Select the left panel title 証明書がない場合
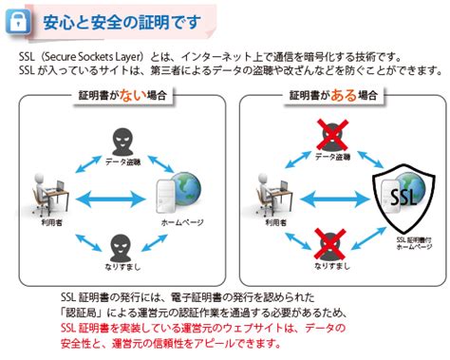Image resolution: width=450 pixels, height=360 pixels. [x=116, y=96]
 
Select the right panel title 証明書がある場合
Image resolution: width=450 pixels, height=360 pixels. [x=337, y=96]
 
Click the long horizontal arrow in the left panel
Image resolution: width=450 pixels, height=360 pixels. [x=114, y=199]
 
